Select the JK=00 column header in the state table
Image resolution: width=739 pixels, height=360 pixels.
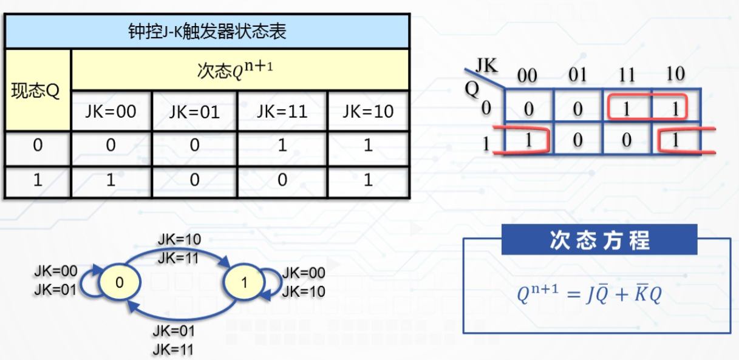tap(111, 112)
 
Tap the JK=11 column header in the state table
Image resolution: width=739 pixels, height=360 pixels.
tap(282, 112)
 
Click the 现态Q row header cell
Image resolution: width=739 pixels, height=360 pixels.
tap(37, 91)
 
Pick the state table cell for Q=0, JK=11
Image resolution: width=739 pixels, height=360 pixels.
tap(282, 146)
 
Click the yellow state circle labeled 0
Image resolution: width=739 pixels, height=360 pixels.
tap(119, 282)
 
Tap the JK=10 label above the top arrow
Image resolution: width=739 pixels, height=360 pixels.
tap(179, 239)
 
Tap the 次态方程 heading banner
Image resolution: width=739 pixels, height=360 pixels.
tap(599, 240)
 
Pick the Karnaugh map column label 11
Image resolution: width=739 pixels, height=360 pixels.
tap(627, 75)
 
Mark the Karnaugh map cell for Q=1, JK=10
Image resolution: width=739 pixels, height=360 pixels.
tap(676, 140)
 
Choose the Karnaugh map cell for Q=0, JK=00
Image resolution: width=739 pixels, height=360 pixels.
tap(528, 109)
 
